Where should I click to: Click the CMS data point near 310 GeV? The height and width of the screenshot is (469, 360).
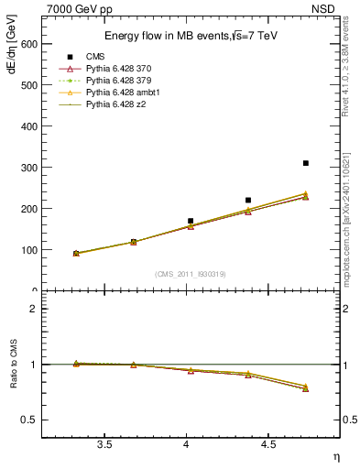coord(305,163)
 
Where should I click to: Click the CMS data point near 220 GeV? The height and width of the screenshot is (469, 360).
coord(248,200)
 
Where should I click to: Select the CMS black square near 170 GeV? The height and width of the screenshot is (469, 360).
coord(191,221)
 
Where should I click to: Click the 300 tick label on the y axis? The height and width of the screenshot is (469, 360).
coord(30,168)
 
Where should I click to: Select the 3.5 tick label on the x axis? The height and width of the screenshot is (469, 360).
coord(104,445)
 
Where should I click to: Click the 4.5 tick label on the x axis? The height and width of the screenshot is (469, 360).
coord(267,445)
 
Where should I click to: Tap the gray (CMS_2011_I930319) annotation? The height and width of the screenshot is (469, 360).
coord(191,274)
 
